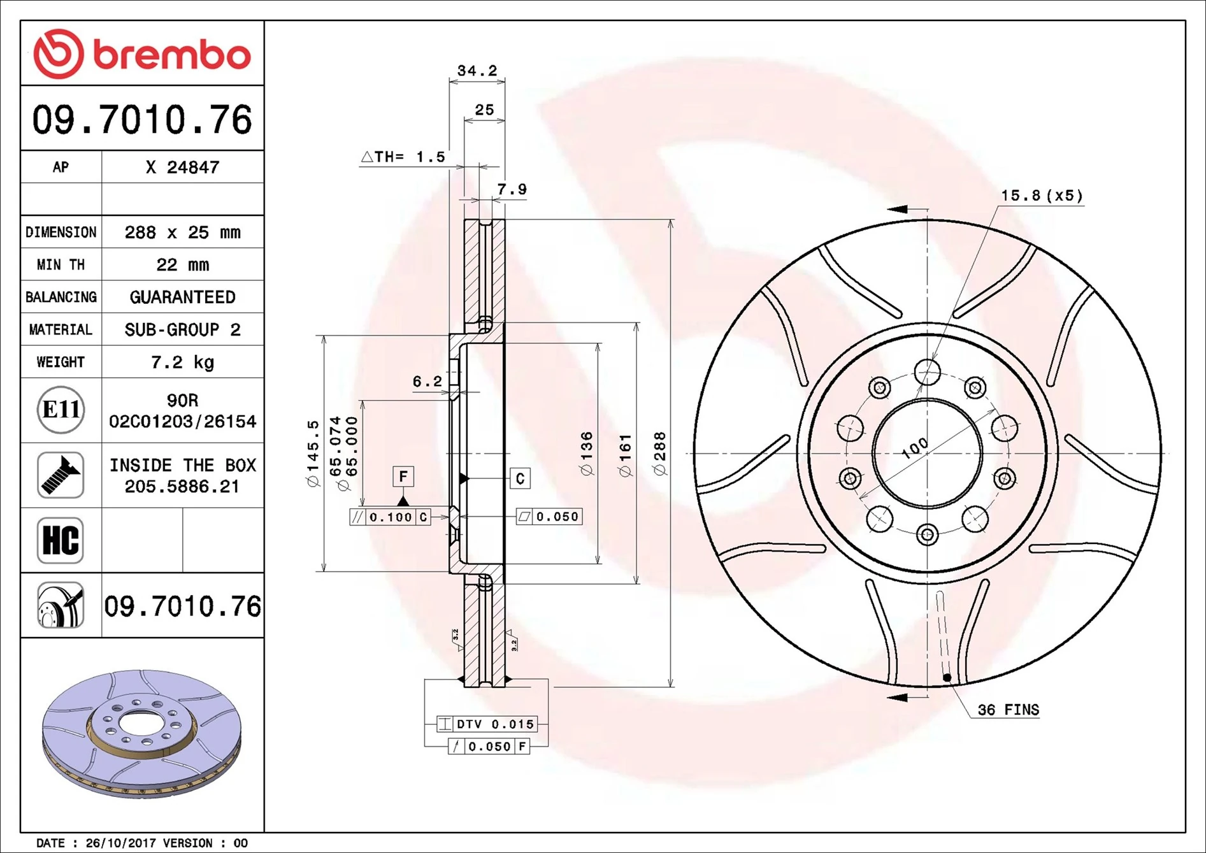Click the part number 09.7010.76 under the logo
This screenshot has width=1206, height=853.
tap(142, 120)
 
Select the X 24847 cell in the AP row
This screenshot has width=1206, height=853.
tap(182, 168)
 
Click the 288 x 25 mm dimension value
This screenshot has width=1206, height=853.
tap(182, 233)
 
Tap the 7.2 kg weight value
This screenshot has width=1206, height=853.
tap(182, 362)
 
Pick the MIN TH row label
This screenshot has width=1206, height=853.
tap(61, 265)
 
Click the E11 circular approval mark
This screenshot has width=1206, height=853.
tap(61, 410)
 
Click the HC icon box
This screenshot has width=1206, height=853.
tap(61, 540)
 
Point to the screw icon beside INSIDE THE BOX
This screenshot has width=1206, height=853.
tap(61, 475)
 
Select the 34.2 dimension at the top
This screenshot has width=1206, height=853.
tap(477, 71)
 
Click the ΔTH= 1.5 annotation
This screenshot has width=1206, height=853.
tap(403, 157)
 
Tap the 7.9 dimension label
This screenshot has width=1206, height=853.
tap(512, 190)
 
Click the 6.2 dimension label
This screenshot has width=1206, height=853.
tap(427, 382)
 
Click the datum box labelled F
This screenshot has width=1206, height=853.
tap(403, 477)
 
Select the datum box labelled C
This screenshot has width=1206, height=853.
tap(520, 478)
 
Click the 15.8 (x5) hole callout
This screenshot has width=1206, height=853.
tap(1041, 196)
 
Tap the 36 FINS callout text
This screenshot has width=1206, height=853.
tap(1008, 710)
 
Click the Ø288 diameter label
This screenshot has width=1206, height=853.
tap(659, 454)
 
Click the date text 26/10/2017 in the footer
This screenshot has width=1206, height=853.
tap(120, 843)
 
